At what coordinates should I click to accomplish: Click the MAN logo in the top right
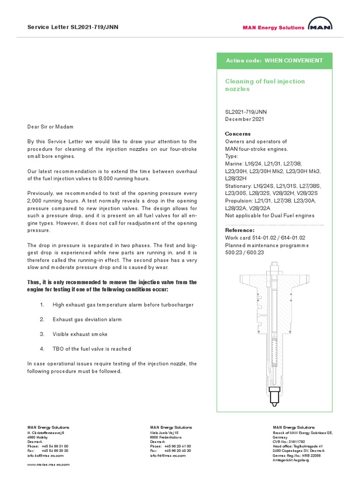click(x=321, y=26)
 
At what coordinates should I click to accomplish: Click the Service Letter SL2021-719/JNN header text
click(x=73, y=27)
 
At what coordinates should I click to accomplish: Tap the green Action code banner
click(x=274, y=61)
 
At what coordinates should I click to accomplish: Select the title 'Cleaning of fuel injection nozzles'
click(x=265, y=85)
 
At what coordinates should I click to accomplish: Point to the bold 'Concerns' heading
click(x=238, y=134)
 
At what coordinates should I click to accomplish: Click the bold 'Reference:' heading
click(x=240, y=230)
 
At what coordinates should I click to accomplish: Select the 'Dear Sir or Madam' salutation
click(x=50, y=127)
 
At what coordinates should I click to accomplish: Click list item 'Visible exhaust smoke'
click(x=80, y=334)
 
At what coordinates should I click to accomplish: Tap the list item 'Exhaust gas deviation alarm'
click(x=87, y=319)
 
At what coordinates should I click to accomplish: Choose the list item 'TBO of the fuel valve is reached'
click(x=92, y=349)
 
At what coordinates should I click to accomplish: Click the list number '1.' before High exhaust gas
click(x=42, y=305)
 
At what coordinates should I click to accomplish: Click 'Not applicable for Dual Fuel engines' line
click(x=270, y=215)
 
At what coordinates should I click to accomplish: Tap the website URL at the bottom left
click(x=48, y=465)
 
